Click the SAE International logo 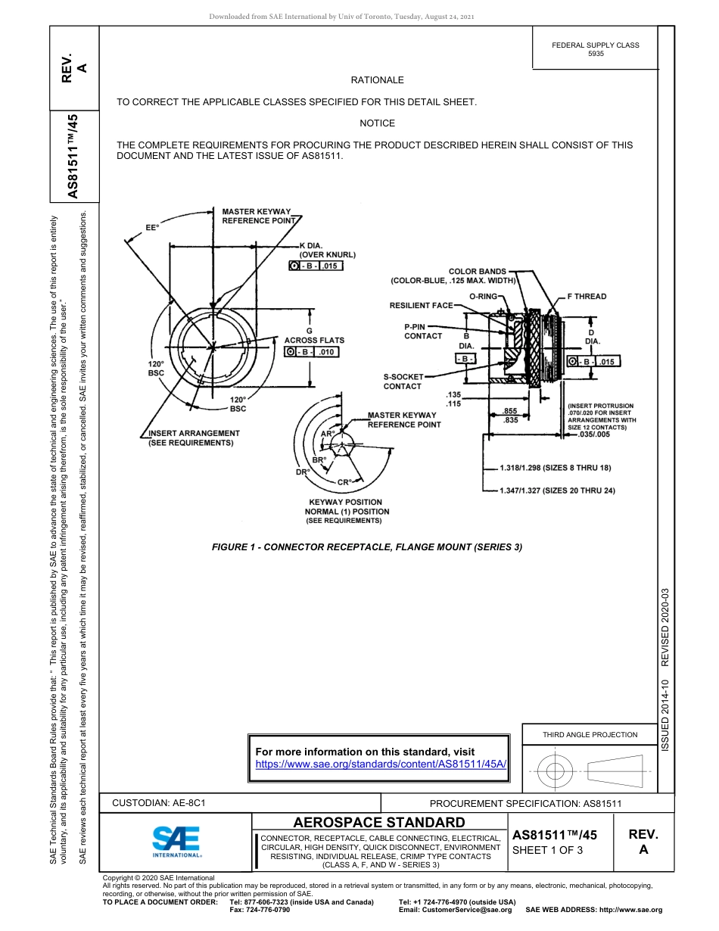click(x=176, y=841)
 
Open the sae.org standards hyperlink click(x=381, y=764)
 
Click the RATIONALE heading click(x=377, y=80)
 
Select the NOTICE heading click(x=377, y=123)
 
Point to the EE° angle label click(x=152, y=227)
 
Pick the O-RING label click(x=483, y=297)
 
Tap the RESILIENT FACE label click(x=421, y=306)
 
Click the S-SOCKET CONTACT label click(x=403, y=381)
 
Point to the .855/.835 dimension click(x=511, y=415)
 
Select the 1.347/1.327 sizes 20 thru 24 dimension click(x=557, y=491)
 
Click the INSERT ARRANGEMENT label click(x=194, y=438)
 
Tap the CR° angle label click(x=344, y=482)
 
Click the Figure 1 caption click(x=367, y=547)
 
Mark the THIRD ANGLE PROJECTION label click(x=590, y=734)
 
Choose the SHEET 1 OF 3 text click(x=547, y=850)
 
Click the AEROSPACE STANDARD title click(x=379, y=823)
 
